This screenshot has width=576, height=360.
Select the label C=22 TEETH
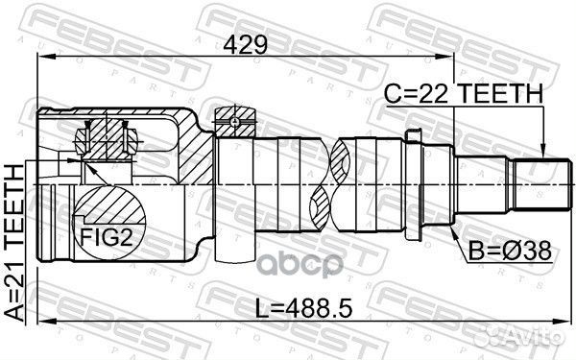(x=465, y=92)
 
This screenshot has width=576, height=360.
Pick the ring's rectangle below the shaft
(x=231, y=245)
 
